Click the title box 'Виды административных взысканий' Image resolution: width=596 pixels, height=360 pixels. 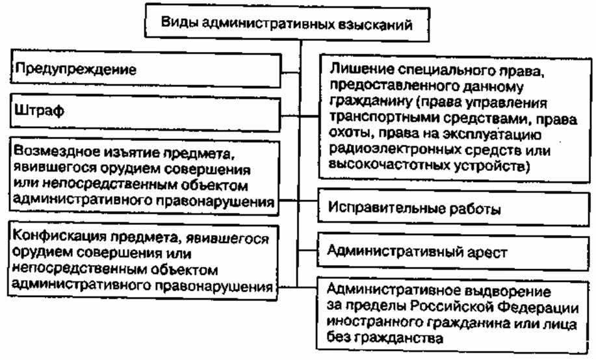tap(284, 26)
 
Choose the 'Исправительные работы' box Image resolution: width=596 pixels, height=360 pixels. tap(455, 210)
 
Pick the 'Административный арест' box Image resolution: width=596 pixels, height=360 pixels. tap(455, 250)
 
